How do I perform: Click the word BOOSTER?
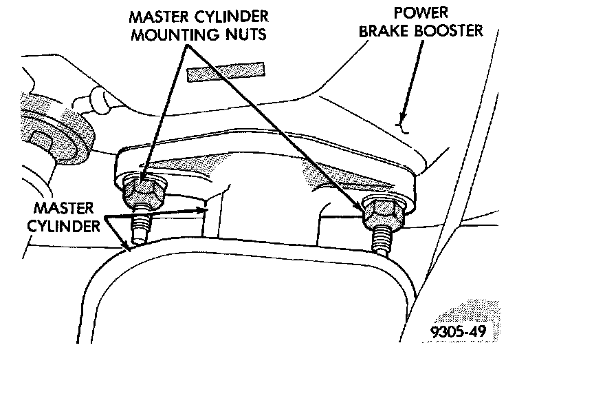451,30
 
